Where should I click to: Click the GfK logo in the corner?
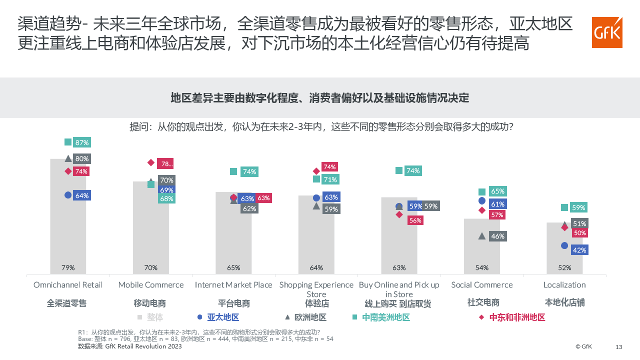pos(607,32)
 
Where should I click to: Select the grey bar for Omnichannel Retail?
pos(68,225)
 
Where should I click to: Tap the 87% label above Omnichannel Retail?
pos(82,142)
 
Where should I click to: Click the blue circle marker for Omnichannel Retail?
pos(68,195)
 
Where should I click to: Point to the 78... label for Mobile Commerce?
pos(165,163)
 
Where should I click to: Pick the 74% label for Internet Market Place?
pos(249,171)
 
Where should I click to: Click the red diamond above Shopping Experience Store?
pos(316,171)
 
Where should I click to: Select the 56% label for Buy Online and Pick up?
pos(415,220)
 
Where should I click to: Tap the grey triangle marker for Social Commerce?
pos(482,236)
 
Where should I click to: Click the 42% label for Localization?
pos(579,250)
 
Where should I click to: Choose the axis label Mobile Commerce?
pos(151,285)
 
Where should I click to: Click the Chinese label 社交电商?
pos(483,302)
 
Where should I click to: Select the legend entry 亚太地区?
pos(223,317)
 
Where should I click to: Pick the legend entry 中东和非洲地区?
pos(517,317)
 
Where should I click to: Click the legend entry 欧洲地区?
pos(310,317)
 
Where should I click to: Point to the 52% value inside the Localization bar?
pos(564,267)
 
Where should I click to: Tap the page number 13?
pos(619,347)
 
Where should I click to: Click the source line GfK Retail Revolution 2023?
pos(130,346)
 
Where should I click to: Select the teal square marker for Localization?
pos(564,207)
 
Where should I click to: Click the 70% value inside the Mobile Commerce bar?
pos(151,267)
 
